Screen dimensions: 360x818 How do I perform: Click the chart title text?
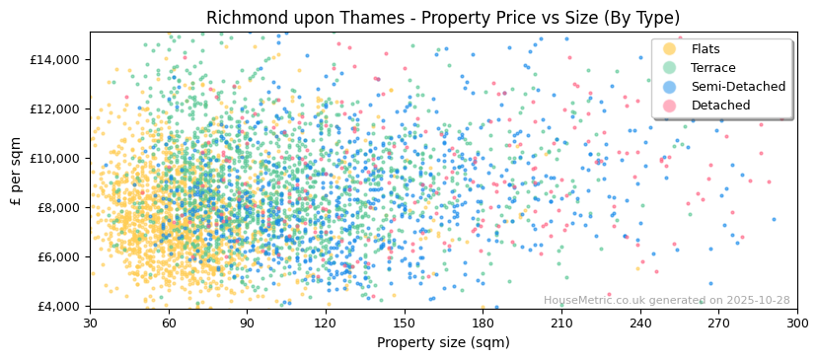pos(443,18)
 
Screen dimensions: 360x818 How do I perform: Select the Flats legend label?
pos(706,49)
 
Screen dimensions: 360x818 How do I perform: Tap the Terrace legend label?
pos(711,68)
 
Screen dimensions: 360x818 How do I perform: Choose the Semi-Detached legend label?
pos(738,87)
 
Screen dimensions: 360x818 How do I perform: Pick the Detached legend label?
pos(720,106)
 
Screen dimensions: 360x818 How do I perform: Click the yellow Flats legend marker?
pos(670,49)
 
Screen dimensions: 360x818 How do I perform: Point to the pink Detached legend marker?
pos(670,106)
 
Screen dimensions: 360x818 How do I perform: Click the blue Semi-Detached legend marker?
pos(670,87)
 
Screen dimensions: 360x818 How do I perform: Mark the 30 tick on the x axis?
pos(90,323)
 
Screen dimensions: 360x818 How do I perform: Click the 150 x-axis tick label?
pos(405,323)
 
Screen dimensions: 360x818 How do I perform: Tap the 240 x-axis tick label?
pos(640,323)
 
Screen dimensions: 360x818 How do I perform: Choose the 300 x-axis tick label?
pos(797,323)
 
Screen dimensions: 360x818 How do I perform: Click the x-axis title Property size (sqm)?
pos(443,342)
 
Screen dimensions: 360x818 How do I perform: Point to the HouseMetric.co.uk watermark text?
pos(666,301)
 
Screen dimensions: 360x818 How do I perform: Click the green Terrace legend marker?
pos(670,68)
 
